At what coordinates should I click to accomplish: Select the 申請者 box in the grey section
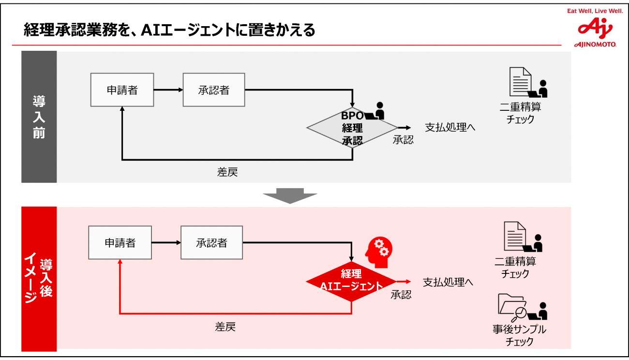coord(122,90)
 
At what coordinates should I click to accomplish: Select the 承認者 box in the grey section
coord(214,90)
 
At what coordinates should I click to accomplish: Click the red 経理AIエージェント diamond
coord(352,281)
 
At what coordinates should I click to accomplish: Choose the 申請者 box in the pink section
coord(120,243)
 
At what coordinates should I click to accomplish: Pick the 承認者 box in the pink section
coord(211,243)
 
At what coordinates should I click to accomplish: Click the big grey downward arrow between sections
coord(290,195)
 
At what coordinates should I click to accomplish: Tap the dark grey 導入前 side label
coord(39,117)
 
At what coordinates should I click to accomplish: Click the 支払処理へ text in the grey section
coord(450,128)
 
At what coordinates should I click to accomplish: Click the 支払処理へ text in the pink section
coord(448,282)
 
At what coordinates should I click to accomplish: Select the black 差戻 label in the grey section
coord(227,172)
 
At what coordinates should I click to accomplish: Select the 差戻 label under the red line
coord(225,327)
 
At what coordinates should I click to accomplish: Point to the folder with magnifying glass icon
coord(512,305)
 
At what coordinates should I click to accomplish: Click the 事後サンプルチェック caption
coord(520,335)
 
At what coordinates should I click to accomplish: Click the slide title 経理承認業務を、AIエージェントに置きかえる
coord(169,30)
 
